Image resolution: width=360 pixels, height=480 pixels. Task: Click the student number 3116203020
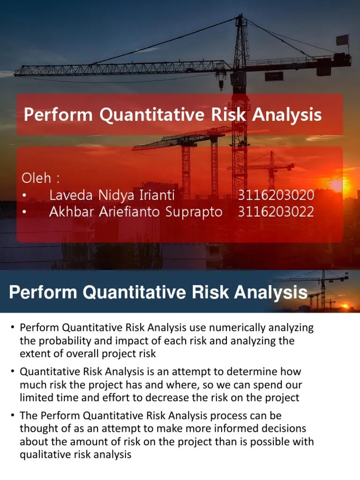pos(276,195)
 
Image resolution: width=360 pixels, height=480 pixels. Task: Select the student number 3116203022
pos(276,212)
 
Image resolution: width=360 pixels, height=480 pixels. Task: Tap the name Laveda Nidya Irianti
pos(112,195)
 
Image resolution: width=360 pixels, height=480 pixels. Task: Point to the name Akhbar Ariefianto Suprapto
pos(135,212)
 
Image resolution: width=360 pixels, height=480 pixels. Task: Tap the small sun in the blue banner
pos(346,306)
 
